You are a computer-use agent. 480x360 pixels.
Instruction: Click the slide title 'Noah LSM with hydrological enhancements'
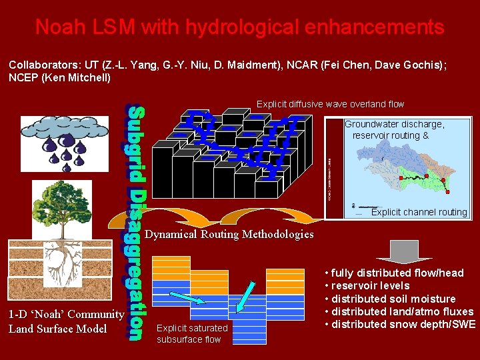(239, 27)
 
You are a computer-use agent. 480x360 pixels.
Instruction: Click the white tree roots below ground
(66, 257)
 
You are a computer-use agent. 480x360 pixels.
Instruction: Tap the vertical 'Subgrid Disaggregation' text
(133, 223)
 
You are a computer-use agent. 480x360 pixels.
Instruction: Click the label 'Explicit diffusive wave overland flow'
(330, 104)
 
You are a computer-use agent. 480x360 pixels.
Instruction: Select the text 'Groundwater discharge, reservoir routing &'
(394, 130)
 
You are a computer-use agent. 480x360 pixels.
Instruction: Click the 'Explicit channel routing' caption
(419, 212)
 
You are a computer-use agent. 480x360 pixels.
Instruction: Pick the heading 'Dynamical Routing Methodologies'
(229, 234)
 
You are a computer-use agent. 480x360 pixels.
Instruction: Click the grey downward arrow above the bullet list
(403, 251)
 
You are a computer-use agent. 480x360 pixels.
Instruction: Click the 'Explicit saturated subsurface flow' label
(192, 333)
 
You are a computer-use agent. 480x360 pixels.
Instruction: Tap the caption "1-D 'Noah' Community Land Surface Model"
(66, 321)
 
